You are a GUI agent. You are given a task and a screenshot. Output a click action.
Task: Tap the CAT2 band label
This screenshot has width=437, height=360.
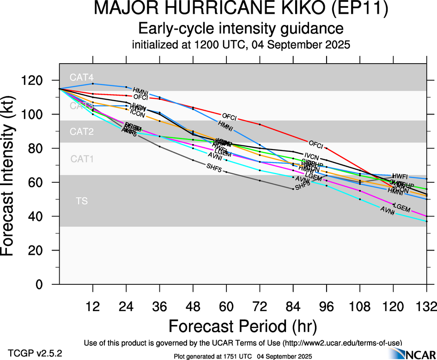pyautogui.click(x=82, y=132)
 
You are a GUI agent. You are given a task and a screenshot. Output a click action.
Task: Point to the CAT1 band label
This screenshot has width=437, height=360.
pyautogui.click(x=82, y=159)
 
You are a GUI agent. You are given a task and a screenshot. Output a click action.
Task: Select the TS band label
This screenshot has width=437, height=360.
pyautogui.click(x=82, y=201)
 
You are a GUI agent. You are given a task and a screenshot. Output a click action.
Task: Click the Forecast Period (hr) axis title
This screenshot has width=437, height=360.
pyautogui.click(x=242, y=326)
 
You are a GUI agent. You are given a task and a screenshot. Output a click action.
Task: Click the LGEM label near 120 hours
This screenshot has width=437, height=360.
pyautogui.click(x=401, y=209)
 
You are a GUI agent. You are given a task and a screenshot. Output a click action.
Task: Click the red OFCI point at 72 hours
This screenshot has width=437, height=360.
pyautogui.click(x=260, y=125)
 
